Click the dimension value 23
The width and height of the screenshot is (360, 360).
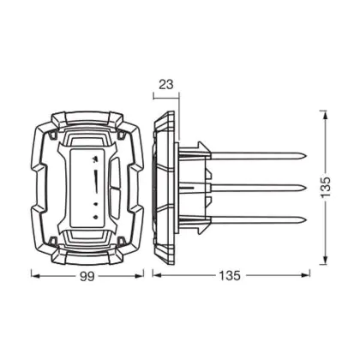[166, 84]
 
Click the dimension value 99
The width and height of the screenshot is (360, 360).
[87, 277]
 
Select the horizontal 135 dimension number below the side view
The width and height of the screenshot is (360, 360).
[230, 276]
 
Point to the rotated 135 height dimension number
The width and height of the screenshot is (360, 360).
[325, 187]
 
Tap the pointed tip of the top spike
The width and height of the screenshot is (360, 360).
[306, 156]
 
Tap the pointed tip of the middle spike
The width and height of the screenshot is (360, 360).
[306, 188]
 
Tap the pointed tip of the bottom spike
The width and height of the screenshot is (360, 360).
[306, 219]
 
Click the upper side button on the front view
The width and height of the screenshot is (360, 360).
[114, 171]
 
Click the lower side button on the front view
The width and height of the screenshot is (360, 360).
[114, 202]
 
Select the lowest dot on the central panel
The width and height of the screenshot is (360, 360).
[96, 217]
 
